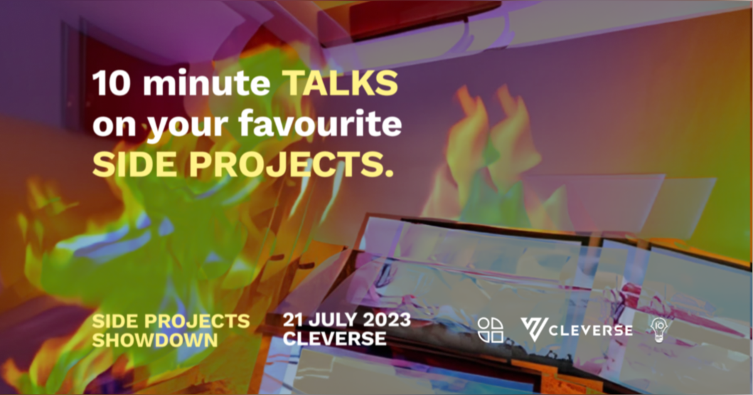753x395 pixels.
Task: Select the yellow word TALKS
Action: (340, 83)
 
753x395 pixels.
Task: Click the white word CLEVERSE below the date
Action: (334, 339)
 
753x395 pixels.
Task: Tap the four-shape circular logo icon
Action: (490, 330)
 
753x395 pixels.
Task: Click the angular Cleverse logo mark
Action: (534, 330)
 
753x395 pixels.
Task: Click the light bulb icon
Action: (660, 330)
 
